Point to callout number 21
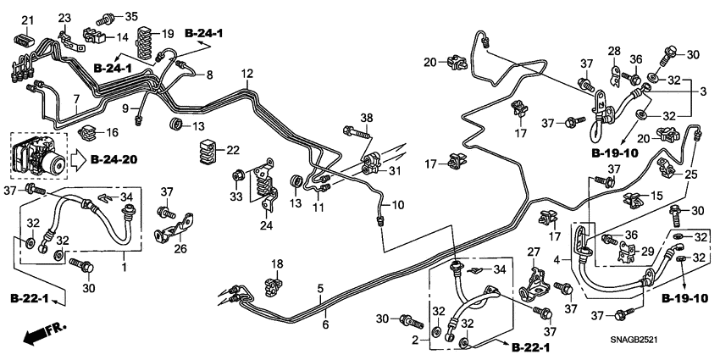click(x=26, y=20)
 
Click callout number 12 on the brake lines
click(x=246, y=75)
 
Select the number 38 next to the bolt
click(x=366, y=118)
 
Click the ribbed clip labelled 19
click(x=147, y=41)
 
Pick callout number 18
click(x=274, y=264)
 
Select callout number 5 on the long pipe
click(x=321, y=290)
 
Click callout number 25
click(x=691, y=174)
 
